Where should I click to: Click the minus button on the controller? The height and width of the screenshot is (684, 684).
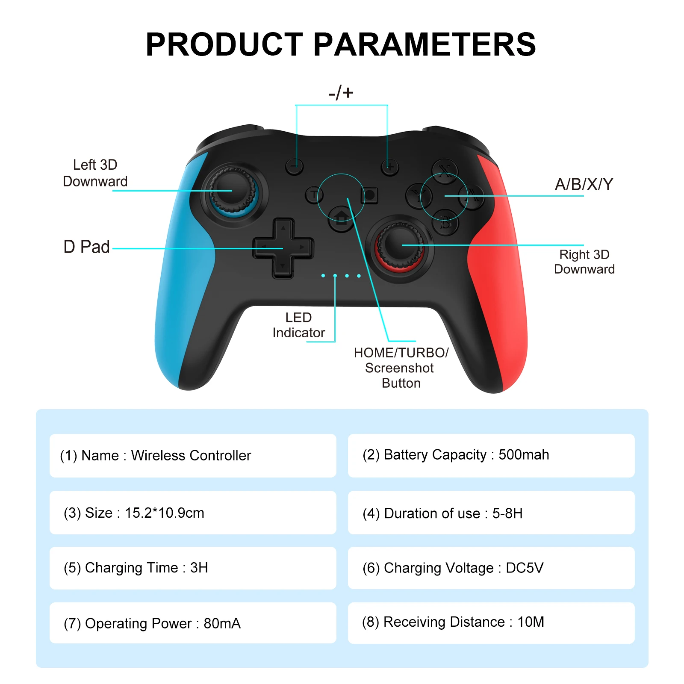click(294, 166)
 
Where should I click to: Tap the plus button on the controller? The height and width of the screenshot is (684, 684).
click(389, 166)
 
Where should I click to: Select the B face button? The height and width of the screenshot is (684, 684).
click(445, 223)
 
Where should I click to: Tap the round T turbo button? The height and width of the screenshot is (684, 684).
click(314, 195)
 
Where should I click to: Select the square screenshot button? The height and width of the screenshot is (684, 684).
click(369, 195)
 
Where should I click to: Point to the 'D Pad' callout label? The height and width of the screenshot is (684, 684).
click(86, 247)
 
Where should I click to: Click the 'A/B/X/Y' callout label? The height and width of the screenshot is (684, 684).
click(584, 185)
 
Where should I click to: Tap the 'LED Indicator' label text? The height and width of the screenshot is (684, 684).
click(298, 325)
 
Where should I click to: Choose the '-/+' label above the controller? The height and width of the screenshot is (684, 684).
click(341, 92)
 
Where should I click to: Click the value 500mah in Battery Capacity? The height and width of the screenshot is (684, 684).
click(524, 454)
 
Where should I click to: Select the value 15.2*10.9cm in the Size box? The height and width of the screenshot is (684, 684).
click(164, 513)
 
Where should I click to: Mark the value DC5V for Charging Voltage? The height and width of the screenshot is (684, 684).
click(525, 568)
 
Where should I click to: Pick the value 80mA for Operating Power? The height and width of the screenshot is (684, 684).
click(222, 623)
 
